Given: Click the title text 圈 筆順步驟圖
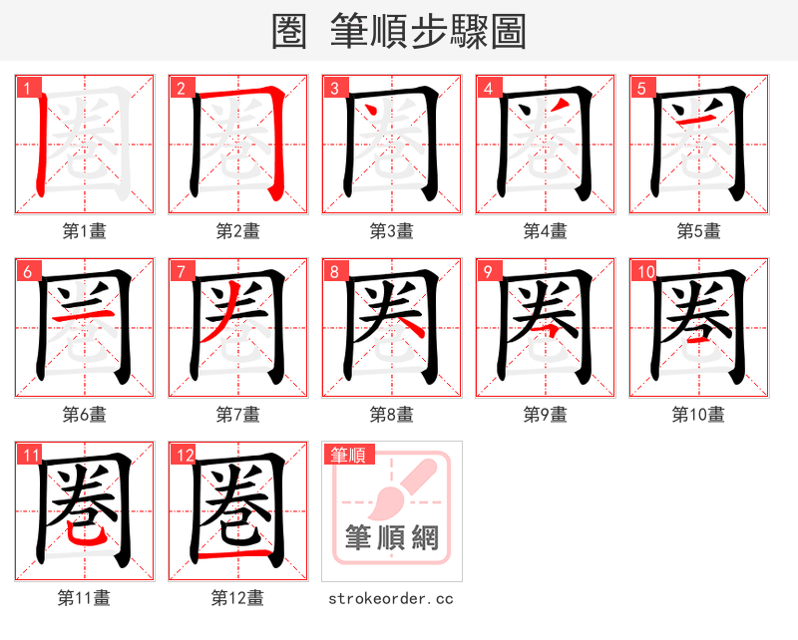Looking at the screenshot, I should tap(399, 31).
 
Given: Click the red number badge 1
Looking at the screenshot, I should tap(25, 88).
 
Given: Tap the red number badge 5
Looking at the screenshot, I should tap(639, 88).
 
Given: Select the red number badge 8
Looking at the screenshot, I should tap(332, 271).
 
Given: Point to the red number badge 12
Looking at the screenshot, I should tap(181, 456).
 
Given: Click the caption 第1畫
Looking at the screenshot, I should tap(84, 231).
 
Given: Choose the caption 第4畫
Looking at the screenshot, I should tap(545, 231).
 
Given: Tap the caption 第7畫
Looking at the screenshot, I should tap(237, 415).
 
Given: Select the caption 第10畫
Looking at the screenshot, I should tap(698, 415).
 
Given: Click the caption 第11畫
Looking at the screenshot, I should tap(84, 598).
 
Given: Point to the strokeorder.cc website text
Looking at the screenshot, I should tap(391, 598).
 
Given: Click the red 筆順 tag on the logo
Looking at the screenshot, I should tap(346, 456).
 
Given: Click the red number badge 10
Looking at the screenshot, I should tap(643, 271).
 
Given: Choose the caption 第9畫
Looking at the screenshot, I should tap(545, 415).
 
